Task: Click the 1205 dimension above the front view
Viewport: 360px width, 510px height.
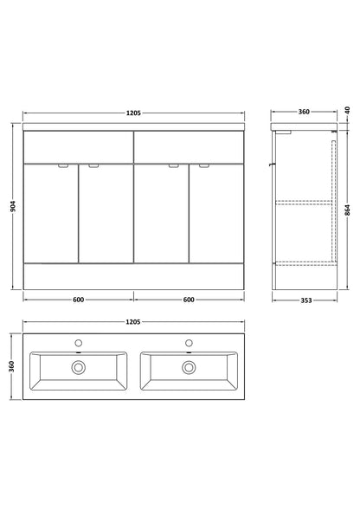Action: click(133, 113)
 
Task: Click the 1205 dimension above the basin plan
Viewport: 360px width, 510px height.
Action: click(133, 322)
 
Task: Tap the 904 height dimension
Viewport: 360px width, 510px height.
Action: click(13, 206)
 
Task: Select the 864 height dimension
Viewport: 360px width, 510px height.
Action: click(347, 210)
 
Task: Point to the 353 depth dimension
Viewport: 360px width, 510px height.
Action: click(306, 300)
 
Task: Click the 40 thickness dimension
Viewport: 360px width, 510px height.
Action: click(347, 110)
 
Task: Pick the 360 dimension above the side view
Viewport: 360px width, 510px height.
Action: click(304, 112)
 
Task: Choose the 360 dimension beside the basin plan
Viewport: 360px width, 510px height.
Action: click(12, 366)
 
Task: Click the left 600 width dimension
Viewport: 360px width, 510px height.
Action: click(79, 300)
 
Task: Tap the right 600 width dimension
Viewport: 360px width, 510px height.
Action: click(189, 300)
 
